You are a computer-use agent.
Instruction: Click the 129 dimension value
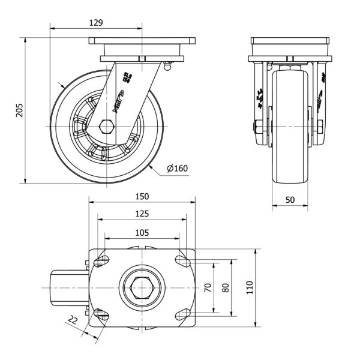click(x=96, y=23)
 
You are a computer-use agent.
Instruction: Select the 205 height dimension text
click(x=20, y=110)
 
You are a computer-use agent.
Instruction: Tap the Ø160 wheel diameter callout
click(x=177, y=169)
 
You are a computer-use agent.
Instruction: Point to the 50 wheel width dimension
click(x=290, y=200)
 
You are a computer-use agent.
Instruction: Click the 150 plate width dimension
click(x=142, y=196)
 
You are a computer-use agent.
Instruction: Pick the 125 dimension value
click(x=142, y=214)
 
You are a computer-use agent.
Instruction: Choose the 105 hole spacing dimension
click(x=142, y=232)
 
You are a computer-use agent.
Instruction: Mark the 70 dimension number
click(x=208, y=287)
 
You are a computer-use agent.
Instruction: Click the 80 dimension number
click(x=226, y=287)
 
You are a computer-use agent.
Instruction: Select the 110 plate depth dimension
click(x=250, y=287)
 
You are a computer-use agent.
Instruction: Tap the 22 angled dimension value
click(x=73, y=320)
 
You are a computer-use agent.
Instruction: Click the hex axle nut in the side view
click(x=107, y=127)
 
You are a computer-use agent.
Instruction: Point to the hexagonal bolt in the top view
click(x=141, y=287)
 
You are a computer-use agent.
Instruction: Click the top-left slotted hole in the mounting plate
click(x=102, y=260)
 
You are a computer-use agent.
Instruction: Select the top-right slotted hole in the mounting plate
click(x=182, y=260)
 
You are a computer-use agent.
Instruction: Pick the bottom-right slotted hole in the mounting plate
click(x=182, y=314)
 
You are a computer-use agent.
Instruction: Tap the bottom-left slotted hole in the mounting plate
click(x=102, y=314)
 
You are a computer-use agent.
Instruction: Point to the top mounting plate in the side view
click(x=142, y=41)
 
